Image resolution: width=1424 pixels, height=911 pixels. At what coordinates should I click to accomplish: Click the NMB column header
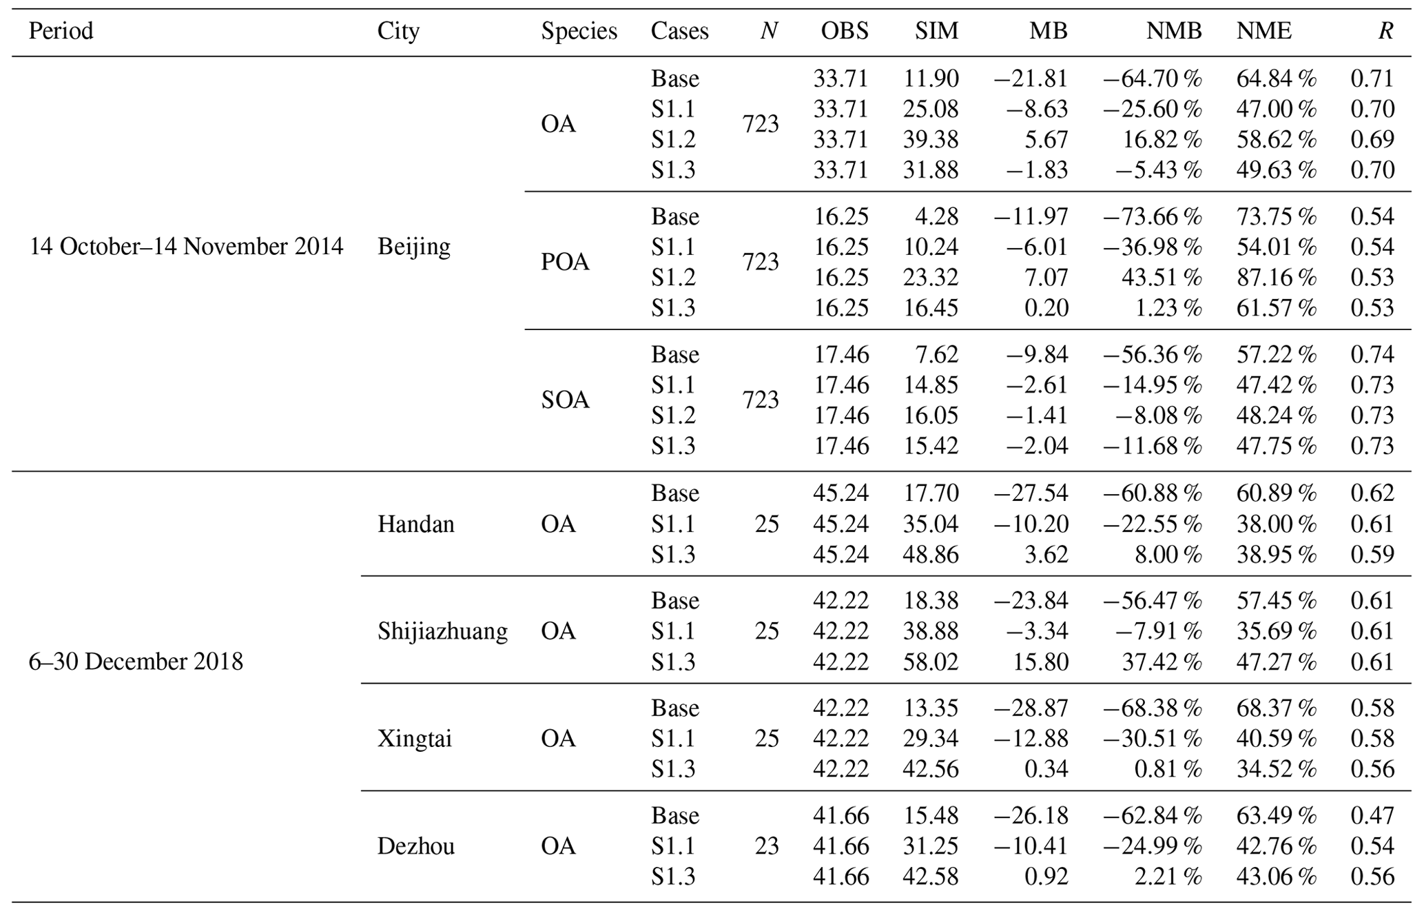point(1174,31)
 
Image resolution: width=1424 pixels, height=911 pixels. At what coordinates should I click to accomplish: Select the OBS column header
point(845,31)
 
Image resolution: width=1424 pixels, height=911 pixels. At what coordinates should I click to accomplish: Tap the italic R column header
point(1385,31)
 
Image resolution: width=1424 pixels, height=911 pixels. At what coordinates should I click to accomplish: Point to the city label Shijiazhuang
point(442,631)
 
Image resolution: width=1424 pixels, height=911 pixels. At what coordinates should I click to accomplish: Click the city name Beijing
point(413,247)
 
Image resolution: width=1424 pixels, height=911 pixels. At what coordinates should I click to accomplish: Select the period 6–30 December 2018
point(136,662)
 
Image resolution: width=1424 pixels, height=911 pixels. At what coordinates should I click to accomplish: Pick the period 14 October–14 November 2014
point(186,247)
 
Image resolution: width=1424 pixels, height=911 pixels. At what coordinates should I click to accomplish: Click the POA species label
point(565,263)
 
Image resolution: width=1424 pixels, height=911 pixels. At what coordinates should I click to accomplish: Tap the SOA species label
point(565,400)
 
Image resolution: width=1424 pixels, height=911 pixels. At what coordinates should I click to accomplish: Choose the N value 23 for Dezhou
point(766,846)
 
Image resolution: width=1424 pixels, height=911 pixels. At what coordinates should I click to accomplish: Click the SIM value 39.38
point(931,140)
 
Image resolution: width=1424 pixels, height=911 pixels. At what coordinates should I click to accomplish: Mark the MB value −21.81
point(1031,79)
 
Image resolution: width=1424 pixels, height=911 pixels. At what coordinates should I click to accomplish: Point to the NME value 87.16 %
point(1276,278)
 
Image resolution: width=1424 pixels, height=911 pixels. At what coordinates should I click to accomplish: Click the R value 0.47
point(1372,816)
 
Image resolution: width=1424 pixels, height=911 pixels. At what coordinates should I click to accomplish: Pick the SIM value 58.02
point(931,662)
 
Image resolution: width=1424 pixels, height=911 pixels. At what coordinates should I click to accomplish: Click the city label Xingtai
point(415,739)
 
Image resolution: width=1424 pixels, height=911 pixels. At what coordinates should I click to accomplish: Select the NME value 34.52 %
point(1276,770)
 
